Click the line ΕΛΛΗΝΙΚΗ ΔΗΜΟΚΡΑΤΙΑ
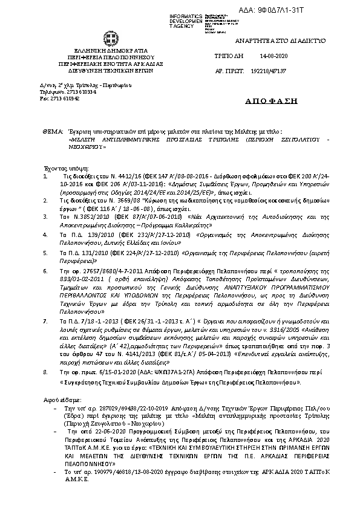pos(111,51)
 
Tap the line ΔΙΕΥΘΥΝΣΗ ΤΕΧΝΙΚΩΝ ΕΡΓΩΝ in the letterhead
pos(111,69)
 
